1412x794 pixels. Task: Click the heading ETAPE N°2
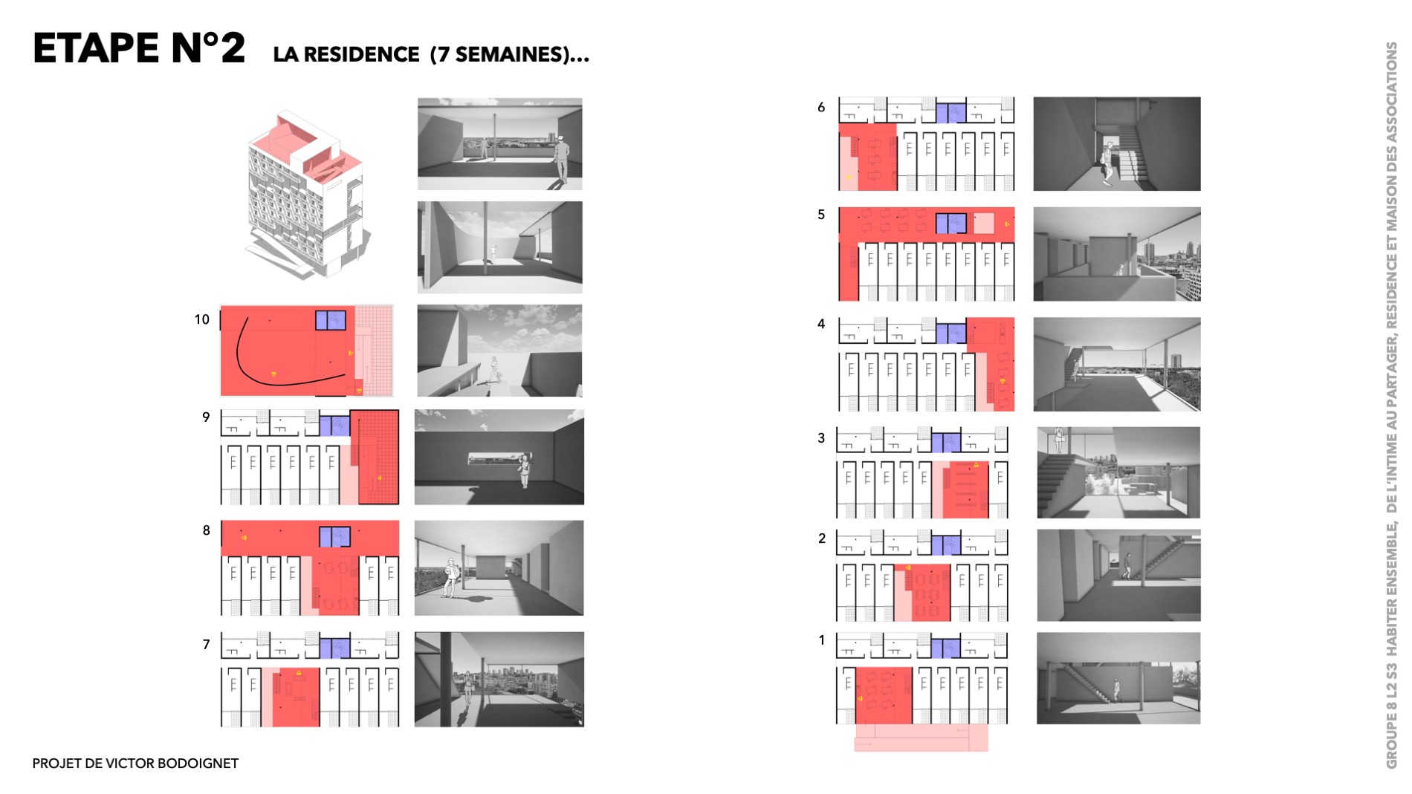[x=139, y=48]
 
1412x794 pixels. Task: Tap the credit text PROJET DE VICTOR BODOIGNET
[x=135, y=764]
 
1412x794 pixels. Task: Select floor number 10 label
[x=202, y=319]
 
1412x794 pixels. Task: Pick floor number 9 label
[x=206, y=417]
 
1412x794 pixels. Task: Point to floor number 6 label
[x=821, y=107]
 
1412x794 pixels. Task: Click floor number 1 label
[x=821, y=640]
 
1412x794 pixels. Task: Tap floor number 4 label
[x=821, y=324]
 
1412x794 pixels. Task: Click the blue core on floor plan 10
[x=331, y=320]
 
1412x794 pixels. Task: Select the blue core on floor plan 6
[x=950, y=113]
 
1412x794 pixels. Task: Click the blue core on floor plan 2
[x=946, y=545]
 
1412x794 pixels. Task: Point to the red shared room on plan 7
[x=296, y=697]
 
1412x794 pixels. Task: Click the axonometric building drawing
[x=305, y=195]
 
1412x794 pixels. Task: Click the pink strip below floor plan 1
[x=921, y=738]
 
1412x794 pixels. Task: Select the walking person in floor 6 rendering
[x=1107, y=164]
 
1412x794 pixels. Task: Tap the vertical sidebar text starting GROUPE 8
[x=1391, y=405]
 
